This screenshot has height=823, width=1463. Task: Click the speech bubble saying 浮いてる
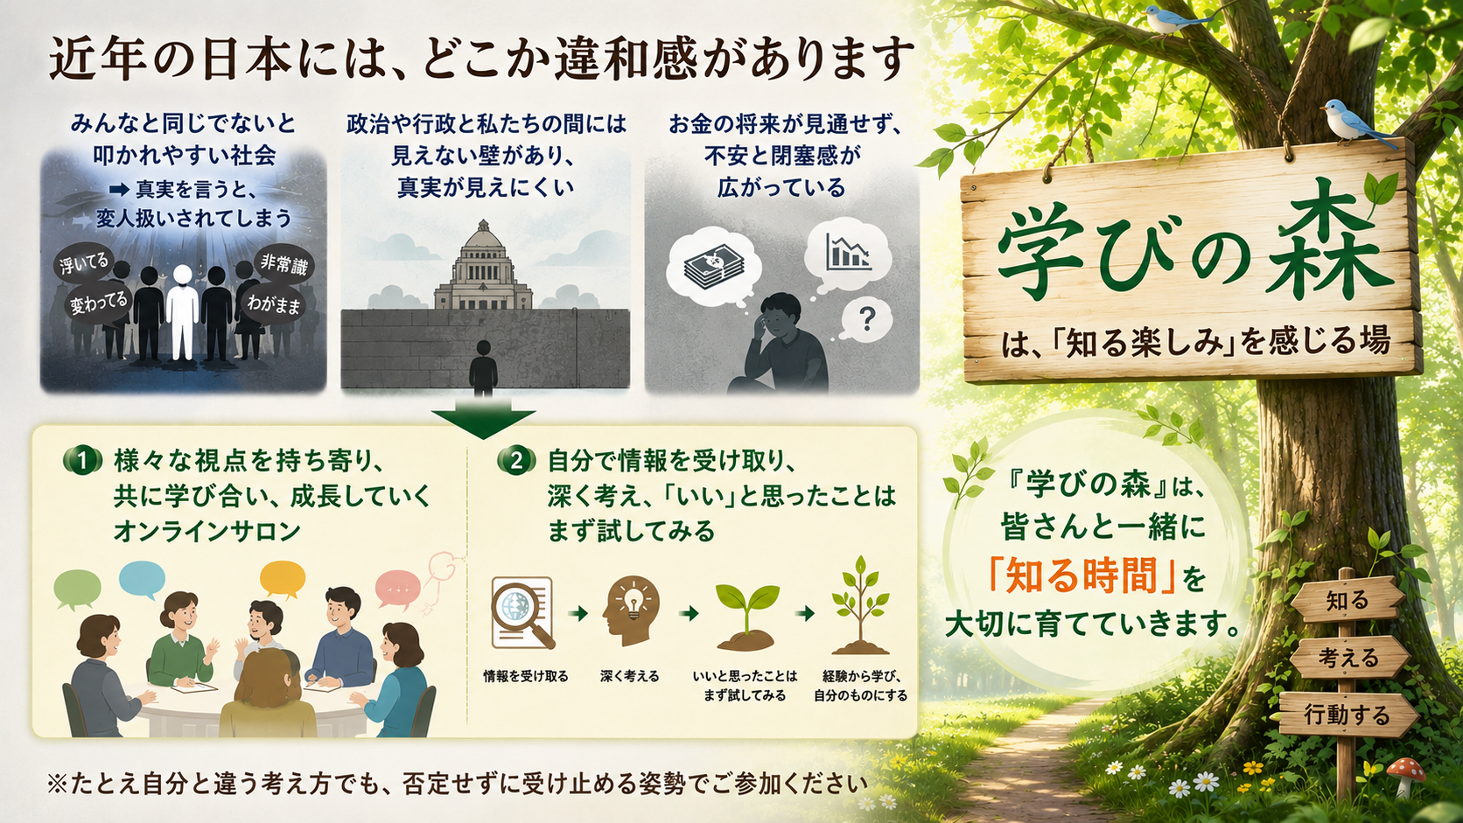(x=85, y=263)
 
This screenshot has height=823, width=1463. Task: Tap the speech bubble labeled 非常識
(x=283, y=265)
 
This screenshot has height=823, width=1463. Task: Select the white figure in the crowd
(x=182, y=312)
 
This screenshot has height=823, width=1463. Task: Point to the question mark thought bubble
(x=866, y=320)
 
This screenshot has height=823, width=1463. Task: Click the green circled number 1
(x=83, y=461)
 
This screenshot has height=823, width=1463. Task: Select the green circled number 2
(x=516, y=461)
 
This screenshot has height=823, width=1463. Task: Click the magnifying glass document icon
(x=522, y=612)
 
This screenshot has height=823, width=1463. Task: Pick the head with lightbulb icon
(x=630, y=610)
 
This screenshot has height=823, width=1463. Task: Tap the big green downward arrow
(x=483, y=420)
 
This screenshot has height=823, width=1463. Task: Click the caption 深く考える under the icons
(x=630, y=676)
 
